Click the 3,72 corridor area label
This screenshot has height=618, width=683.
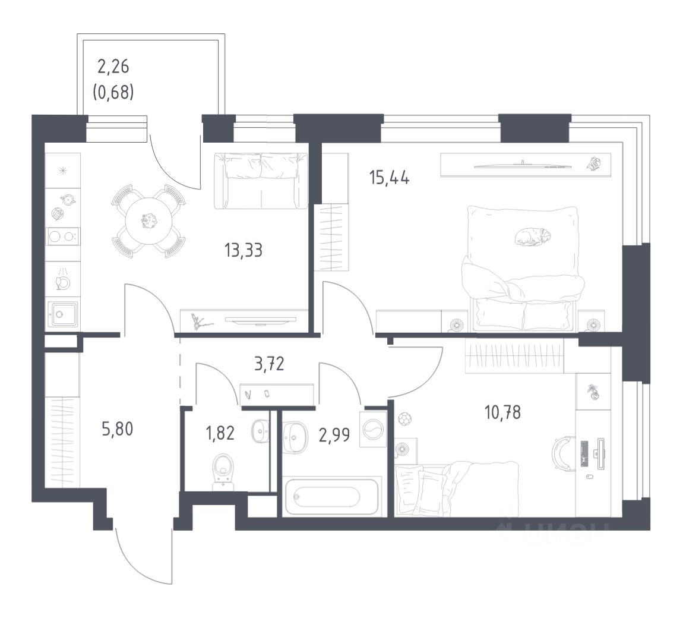click(x=270, y=364)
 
